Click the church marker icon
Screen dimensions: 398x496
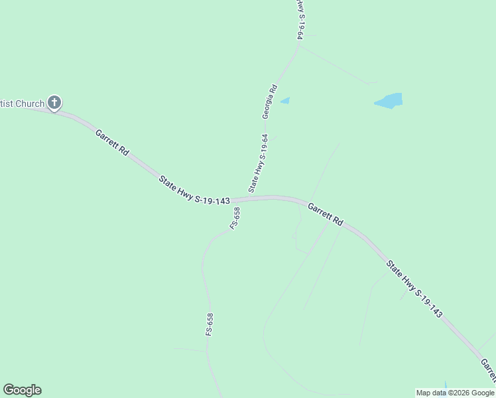pyautogui.click(x=54, y=103)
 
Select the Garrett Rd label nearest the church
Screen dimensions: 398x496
pyautogui.click(x=111, y=142)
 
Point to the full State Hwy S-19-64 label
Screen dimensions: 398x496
pyautogui.click(x=259, y=163)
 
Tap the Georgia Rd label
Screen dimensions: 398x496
pyautogui.click(x=269, y=101)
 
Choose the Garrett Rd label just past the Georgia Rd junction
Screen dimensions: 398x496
pyautogui.click(x=325, y=214)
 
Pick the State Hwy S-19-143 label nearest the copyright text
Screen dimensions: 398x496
pyautogui.click(x=414, y=291)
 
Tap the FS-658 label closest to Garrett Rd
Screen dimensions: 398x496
pyautogui.click(x=235, y=218)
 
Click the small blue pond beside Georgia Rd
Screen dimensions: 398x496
pyautogui.click(x=285, y=101)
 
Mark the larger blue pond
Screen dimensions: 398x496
pyautogui.click(x=389, y=101)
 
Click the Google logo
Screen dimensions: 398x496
pyautogui.click(x=22, y=390)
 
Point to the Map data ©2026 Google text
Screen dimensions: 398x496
pyautogui.click(x=455, y=393)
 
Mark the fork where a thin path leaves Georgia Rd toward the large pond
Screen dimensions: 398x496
pyautogui.click(x=299, y=46)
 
